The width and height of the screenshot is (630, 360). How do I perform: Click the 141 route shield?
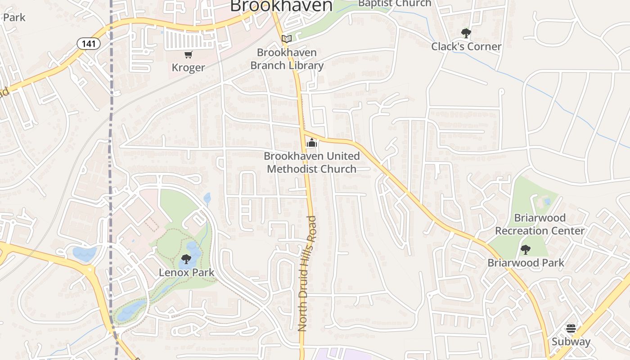(x=88, y=44)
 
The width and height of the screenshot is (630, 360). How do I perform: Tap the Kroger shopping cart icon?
(x=188, y=55)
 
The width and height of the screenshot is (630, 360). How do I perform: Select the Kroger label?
(x=188, y=67)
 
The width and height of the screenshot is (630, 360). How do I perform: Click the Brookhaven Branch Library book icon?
(x=287, y=39)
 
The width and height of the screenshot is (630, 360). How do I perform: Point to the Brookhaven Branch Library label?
(x=287, y=59)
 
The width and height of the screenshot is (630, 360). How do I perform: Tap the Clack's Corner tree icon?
(x=466, y=33)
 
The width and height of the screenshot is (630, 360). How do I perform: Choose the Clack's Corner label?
(x=466, y=46)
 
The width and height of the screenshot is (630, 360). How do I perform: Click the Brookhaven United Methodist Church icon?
(x=311, y=144)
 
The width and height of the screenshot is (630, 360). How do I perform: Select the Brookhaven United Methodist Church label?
(x=312, y=162)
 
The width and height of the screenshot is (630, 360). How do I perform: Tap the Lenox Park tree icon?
(x=186, y=259)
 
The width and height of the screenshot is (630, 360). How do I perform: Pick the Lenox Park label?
(x=186, y=272)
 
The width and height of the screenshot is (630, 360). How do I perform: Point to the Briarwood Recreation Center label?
(x=540, y=224)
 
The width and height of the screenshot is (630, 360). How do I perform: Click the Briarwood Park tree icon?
(x=525, y=250)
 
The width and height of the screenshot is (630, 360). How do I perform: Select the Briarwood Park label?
(x=526, y=263)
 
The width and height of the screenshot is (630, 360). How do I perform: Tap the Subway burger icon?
(x=571, y=328)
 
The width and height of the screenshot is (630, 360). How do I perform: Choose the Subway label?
(x=571, y=342)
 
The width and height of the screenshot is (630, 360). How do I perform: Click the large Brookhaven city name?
(x=281, y=6)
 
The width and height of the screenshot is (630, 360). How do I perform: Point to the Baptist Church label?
(x=394, y=4)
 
